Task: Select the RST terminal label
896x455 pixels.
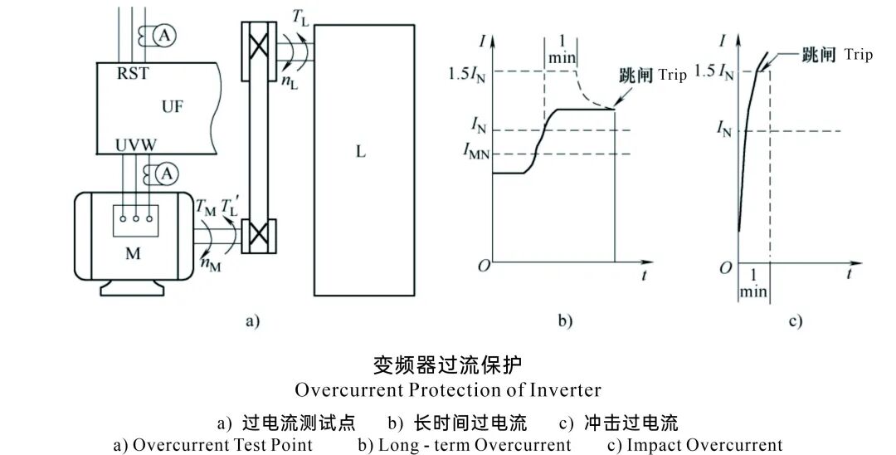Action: coord(133,72)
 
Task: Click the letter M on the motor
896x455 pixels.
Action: coord(133,253)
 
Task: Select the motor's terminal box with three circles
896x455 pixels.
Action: coord(134,220)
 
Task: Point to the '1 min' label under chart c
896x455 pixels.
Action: coord(753,283)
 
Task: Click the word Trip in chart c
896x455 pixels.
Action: coord(859,56)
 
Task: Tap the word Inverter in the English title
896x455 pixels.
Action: coord(569,389)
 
